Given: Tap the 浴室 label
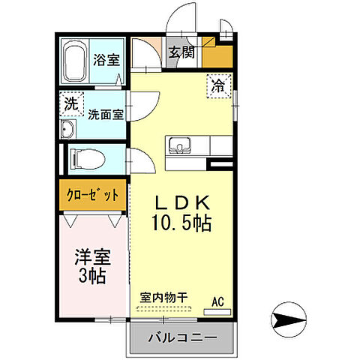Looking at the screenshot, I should (x=106, y=60).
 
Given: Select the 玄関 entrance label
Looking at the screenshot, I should (x=181, y=52).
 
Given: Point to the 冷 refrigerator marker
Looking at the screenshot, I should (x=220, y=85).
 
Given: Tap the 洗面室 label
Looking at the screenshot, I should (x=106, y=115).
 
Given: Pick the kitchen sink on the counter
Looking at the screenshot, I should (x=181, y=145).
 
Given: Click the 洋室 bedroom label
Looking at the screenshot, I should (x=94, y=259).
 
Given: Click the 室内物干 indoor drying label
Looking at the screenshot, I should (x=166, y=297).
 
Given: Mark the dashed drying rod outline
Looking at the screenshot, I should (x=166, y=308).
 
